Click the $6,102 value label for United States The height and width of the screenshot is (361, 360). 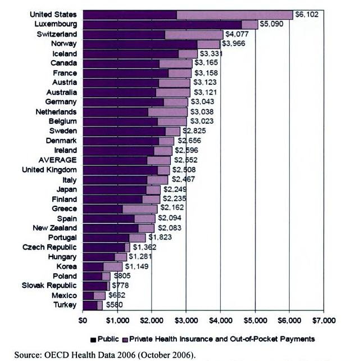[x=307, y=15]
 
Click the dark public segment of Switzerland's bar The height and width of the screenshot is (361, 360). [x=124, y=34]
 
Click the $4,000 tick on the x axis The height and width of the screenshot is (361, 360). [x=220, y=321]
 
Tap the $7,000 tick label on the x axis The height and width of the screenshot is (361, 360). [x=324, y=321]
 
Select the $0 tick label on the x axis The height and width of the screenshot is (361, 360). [x=83, y=321]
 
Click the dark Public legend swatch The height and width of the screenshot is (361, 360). [x=93, y=339]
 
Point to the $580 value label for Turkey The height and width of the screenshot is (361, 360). [x=113, y=305]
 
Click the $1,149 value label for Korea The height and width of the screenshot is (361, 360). [x=136, y=266]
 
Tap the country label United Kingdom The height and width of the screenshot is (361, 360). [x=50, y=169]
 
